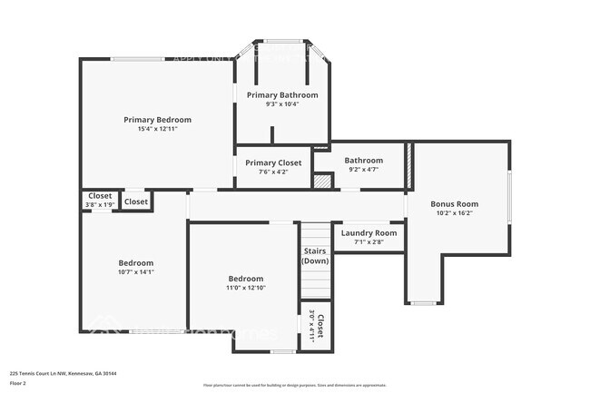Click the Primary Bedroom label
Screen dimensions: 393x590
click(x=158, y=120)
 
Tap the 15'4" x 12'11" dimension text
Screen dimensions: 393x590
click(x=158, y=130)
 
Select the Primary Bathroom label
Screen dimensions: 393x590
click(x=282, y=94)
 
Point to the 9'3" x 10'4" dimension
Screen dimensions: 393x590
click(x=282, y=104)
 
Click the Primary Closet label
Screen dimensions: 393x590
click(x=273, y=162)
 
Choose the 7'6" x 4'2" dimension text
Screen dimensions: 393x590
click(x=273, y=172)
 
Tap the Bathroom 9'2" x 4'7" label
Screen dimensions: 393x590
click(x=363, y=164)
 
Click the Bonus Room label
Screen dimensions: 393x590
click(x=454, y=204)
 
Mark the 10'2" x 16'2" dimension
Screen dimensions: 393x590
click(x=454, y=214)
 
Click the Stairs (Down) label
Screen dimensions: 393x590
click(x=315, y=255)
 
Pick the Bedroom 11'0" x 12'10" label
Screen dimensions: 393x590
click(x=245, y=283)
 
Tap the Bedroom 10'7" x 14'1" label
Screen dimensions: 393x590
click(x=137, y=266)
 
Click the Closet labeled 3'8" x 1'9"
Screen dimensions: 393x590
click(x=100, y=200)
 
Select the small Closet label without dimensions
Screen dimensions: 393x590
click(x=136, y=201)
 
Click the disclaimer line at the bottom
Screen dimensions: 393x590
click(x=294, y=385)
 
